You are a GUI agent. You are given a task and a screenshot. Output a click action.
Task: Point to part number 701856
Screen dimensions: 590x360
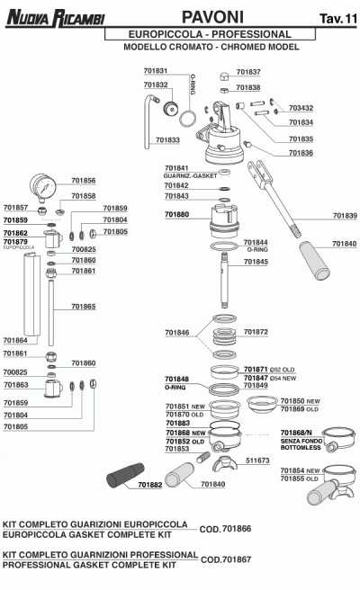point(83,179)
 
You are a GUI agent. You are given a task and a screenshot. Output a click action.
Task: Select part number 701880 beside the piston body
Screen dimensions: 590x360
point(176,215)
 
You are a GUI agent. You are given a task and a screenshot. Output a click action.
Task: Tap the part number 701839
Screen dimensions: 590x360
point(345,215)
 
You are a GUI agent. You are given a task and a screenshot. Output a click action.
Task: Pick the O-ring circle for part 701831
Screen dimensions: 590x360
point(188,118)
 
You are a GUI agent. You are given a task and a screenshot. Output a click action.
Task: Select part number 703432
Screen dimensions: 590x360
point(301,108)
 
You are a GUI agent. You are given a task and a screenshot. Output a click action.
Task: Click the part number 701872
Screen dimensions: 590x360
point(256,332)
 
